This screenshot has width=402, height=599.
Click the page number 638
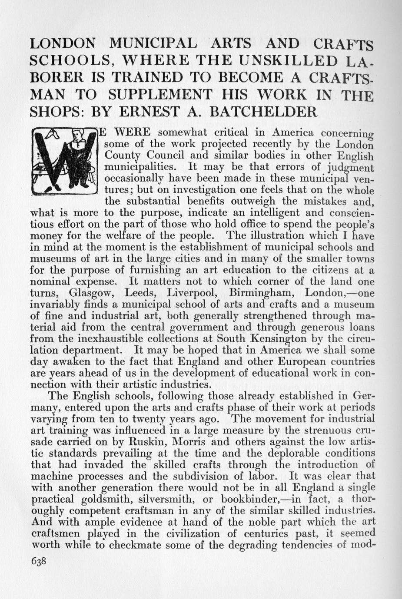[x=38, y=561]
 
